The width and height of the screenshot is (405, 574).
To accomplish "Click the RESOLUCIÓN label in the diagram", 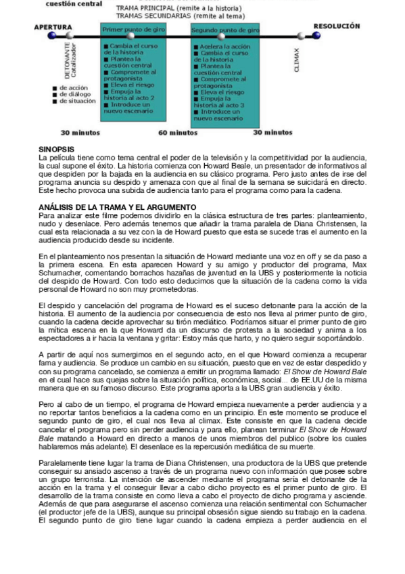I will coord(336,26).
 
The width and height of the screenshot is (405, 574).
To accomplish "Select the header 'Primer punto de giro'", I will coord(130,30).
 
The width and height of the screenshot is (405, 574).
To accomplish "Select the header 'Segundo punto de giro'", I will coord(225,30).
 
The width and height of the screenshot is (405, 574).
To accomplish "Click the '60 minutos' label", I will coord(178,133).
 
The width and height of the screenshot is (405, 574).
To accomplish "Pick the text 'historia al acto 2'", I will coord(129,98).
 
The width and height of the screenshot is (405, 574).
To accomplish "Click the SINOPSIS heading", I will coord(56,148).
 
